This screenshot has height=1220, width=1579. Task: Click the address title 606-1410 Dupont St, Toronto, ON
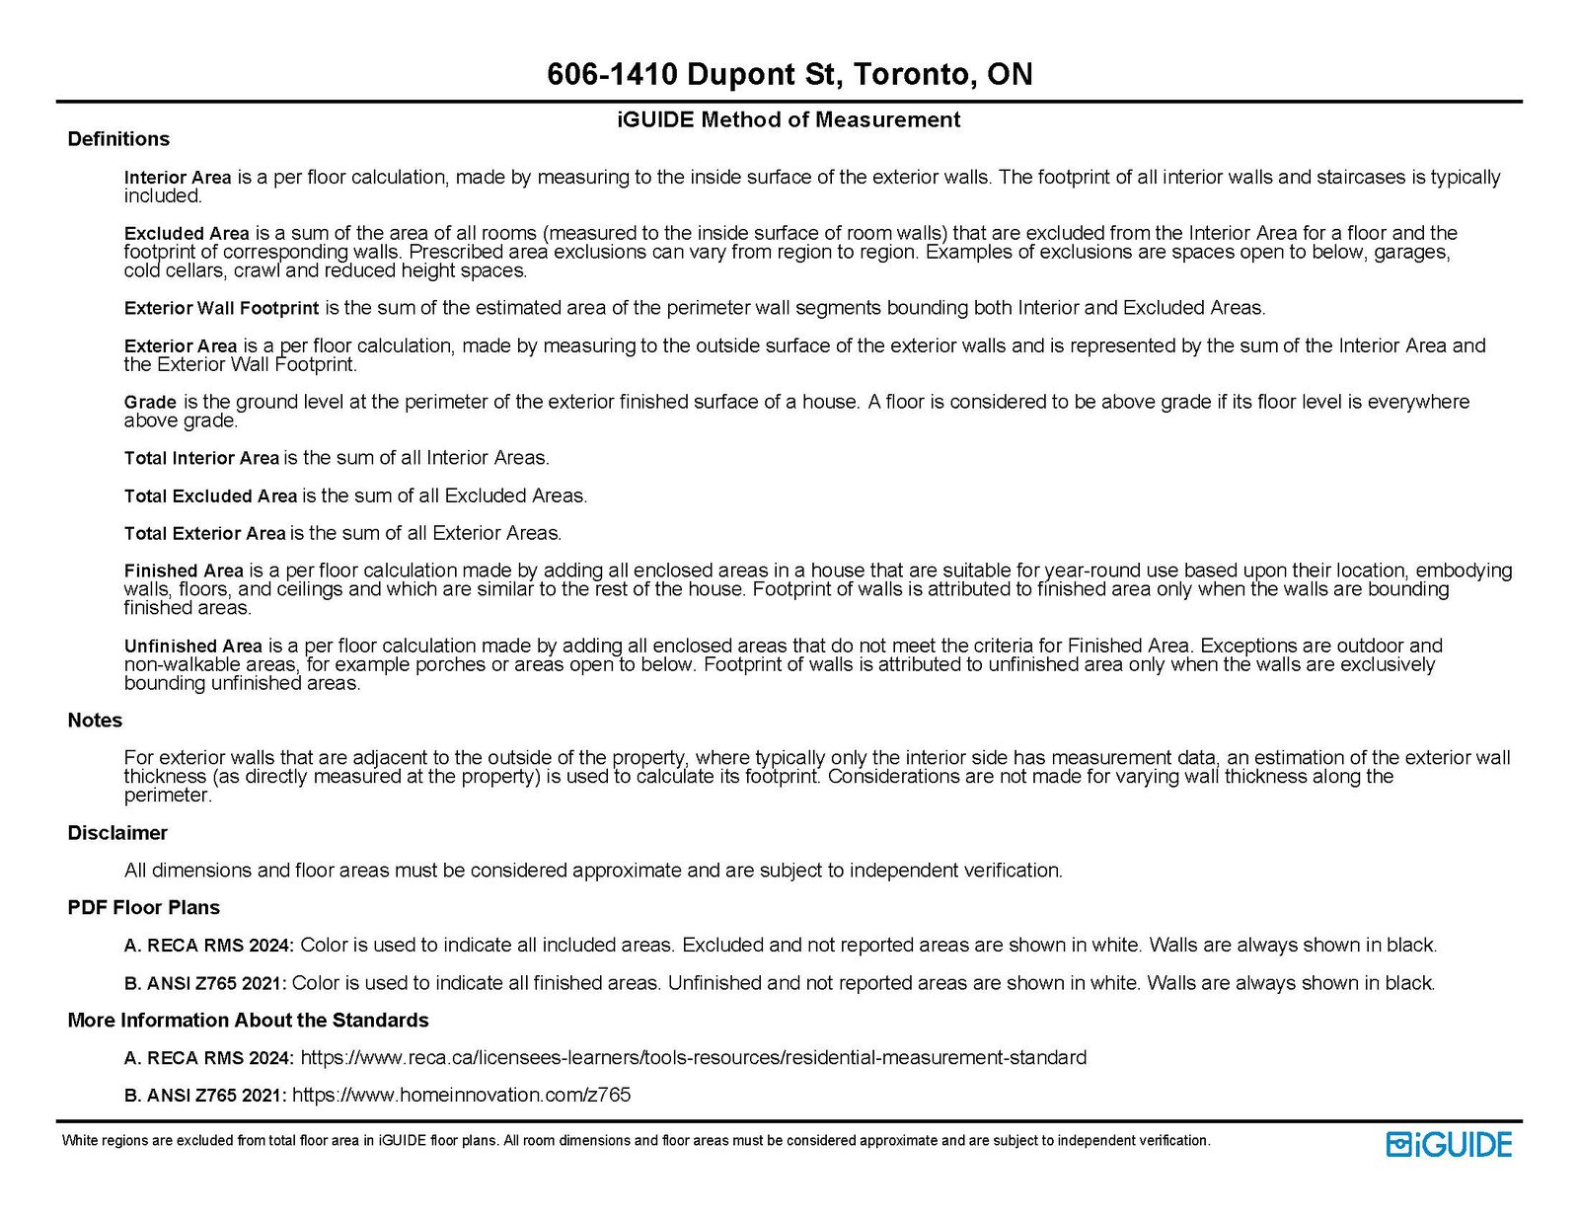789,74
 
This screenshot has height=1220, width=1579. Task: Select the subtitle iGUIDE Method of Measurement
789,119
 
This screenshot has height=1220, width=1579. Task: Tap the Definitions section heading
118,139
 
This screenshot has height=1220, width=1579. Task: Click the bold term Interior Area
178,178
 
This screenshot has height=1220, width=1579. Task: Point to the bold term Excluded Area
187,234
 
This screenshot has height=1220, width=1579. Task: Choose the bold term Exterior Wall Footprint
221,308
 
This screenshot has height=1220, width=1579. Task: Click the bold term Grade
150,402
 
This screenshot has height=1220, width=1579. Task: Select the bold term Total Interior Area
201,458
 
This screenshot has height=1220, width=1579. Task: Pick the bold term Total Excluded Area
210,496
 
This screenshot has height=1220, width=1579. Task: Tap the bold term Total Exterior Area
204,533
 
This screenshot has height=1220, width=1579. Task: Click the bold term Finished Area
184,571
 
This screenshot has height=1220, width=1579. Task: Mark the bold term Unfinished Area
193,647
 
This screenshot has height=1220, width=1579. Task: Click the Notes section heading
95,721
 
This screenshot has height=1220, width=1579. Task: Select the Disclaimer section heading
117,833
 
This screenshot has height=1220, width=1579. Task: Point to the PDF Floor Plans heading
143,908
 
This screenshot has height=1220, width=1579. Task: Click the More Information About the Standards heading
248,1021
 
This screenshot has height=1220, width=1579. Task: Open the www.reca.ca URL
693,1058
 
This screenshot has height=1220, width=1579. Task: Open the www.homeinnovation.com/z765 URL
461,1096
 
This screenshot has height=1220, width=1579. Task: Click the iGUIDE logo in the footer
1449,1144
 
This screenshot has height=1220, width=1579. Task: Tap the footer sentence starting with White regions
636,1141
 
